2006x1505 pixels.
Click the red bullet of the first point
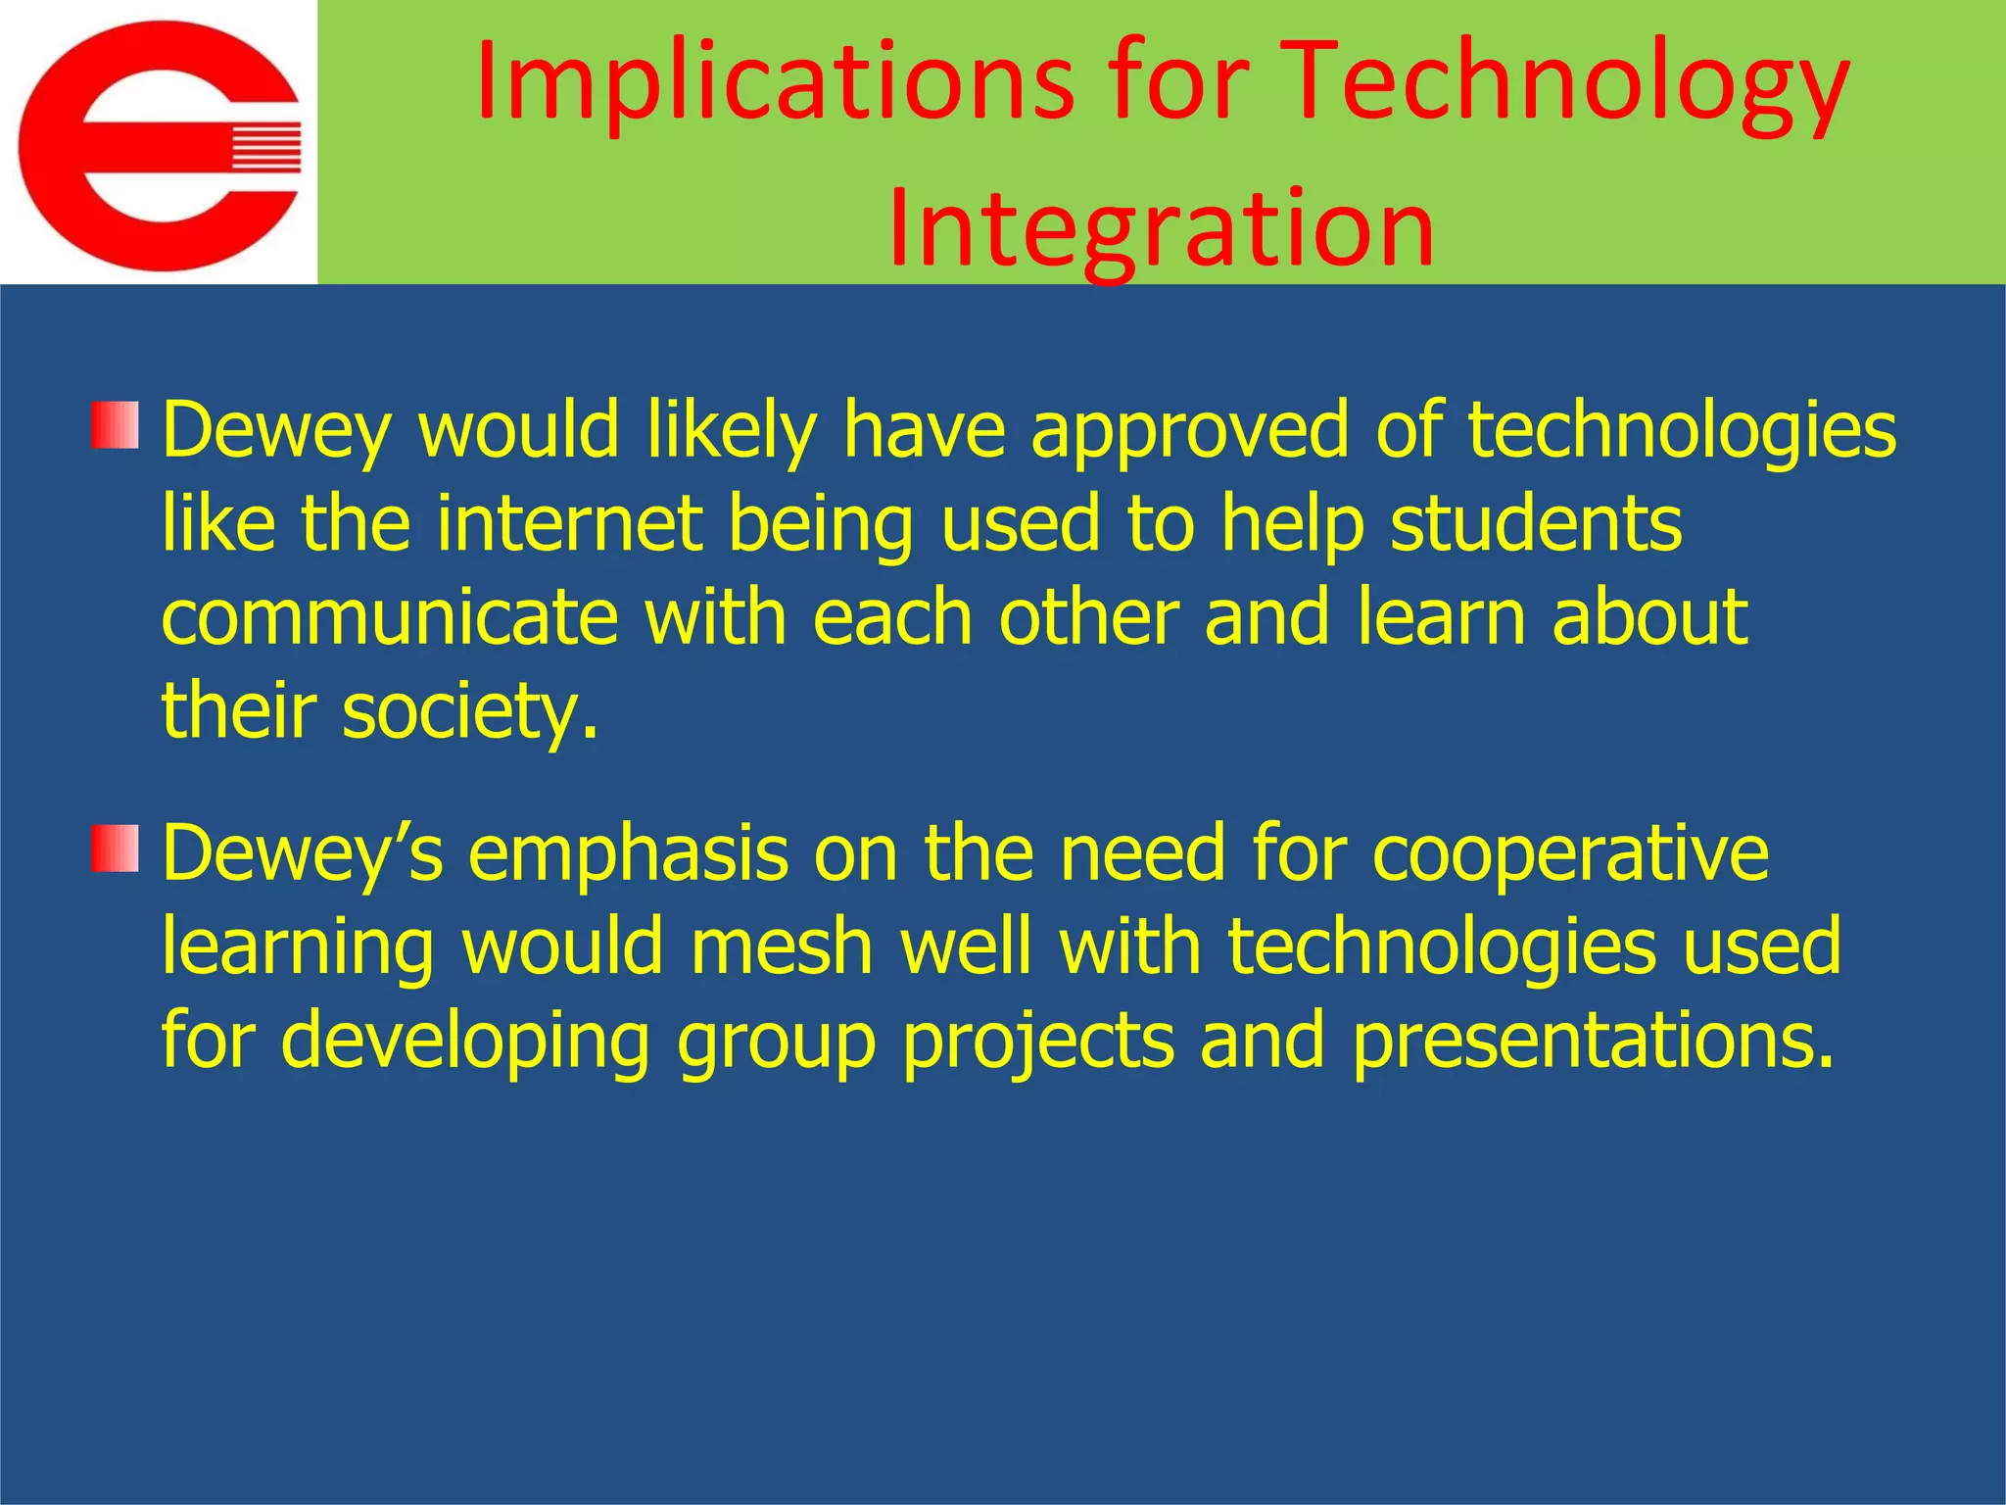pos(116,425)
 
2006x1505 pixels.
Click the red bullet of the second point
pos(116,849)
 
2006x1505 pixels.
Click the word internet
pos(568,523)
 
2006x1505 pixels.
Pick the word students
pos(1536,523)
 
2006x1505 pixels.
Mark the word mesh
pos(781,947)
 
